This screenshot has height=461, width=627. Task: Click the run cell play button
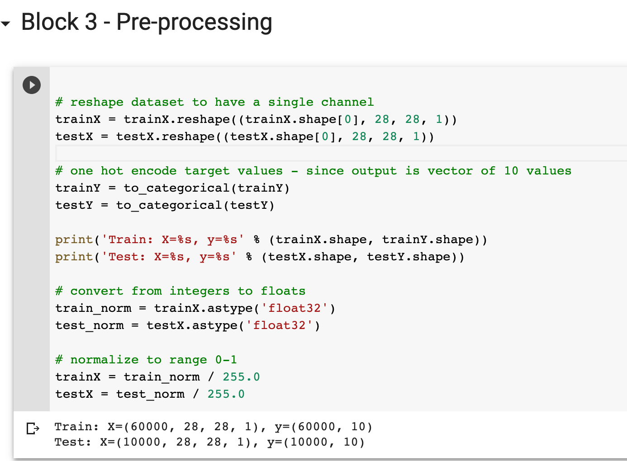tap(32, 85)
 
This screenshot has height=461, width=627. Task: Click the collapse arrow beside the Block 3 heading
tap(5, 24)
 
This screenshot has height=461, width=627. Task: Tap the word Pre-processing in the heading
tap(194, 23)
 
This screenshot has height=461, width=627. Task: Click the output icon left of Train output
tap(33, 428)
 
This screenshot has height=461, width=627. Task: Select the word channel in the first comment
tap(347, 102)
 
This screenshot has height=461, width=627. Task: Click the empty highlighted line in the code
tap(341, 153)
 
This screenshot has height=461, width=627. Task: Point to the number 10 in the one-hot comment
tap(511, 171)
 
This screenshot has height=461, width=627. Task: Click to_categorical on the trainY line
tap(176, 188)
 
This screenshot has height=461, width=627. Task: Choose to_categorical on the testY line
tap(169, 205)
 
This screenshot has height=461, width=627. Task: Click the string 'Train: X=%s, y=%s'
tap(173, 240)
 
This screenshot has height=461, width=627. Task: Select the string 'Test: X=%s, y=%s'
tap(169, 257)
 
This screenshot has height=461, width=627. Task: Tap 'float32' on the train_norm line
tap(294, 308)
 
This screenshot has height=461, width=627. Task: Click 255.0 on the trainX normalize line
tap(241, 377)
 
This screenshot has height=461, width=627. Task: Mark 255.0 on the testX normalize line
tap(226, 394)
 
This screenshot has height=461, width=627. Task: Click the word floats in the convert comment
tap(283, 291)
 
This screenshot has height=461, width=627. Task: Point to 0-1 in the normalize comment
tap(226, 360)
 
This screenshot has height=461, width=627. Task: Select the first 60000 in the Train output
tap(149, 427)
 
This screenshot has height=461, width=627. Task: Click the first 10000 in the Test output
tap(142, 442)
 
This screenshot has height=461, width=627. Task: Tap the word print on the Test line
tap(74, 257)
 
